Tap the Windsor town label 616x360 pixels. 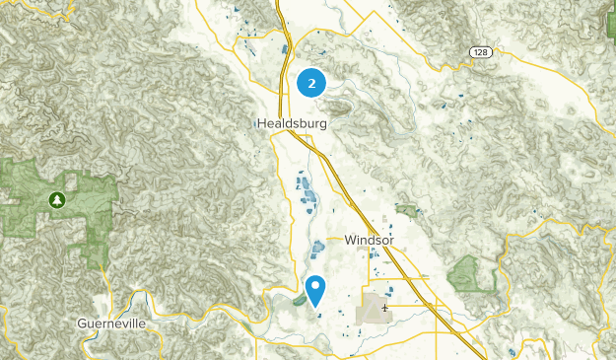click(x=371, y=240)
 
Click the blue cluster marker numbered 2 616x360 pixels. click(x=312, y=84)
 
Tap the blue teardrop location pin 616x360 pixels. click(x=316, y=291)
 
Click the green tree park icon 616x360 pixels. click(x=58, y=201)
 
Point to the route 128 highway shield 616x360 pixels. click(x=479, y=51)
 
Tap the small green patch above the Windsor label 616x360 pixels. click(x=405, y=210)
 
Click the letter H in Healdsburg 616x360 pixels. click(x=259, y=124)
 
